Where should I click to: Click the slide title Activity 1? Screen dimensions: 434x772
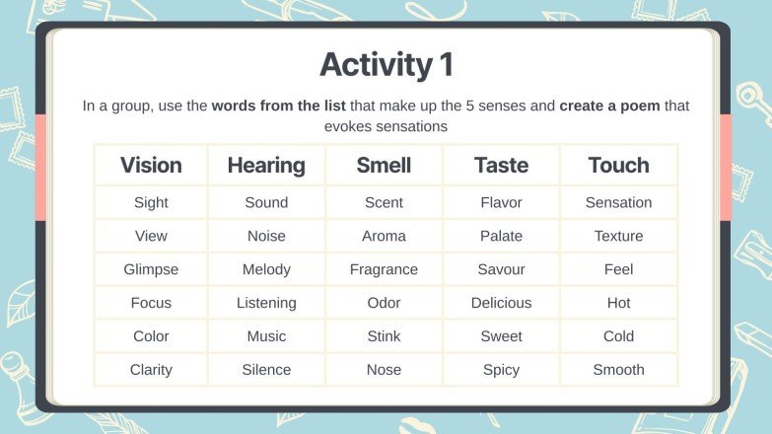[386, 65]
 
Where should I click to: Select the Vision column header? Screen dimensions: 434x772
[151, 165]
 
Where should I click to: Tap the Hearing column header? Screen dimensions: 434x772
[266, 165]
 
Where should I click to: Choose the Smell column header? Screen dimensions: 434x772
[384, 165]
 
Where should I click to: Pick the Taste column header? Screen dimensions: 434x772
[501, 165]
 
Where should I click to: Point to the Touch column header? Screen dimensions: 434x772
[618, 165]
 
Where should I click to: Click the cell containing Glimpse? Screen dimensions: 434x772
[151, 269]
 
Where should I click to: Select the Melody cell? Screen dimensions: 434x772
[266, 269]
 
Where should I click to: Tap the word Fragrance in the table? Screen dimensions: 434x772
[384, 269]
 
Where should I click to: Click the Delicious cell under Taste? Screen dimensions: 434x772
[501, 303]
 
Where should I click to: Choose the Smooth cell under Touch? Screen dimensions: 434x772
[618, 370]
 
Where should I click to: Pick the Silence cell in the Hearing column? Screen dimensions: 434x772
[266, 370]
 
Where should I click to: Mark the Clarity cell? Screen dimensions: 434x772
[151, 370]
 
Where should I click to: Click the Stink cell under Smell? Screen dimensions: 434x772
[384, 336]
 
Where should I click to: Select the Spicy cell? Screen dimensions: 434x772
[501, 370]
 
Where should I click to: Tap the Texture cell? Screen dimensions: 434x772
[618, 236]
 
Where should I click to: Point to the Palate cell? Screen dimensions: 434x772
[501, 236]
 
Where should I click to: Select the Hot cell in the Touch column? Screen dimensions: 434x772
[618, 303]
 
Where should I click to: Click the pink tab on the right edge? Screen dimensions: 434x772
[726, 168]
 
